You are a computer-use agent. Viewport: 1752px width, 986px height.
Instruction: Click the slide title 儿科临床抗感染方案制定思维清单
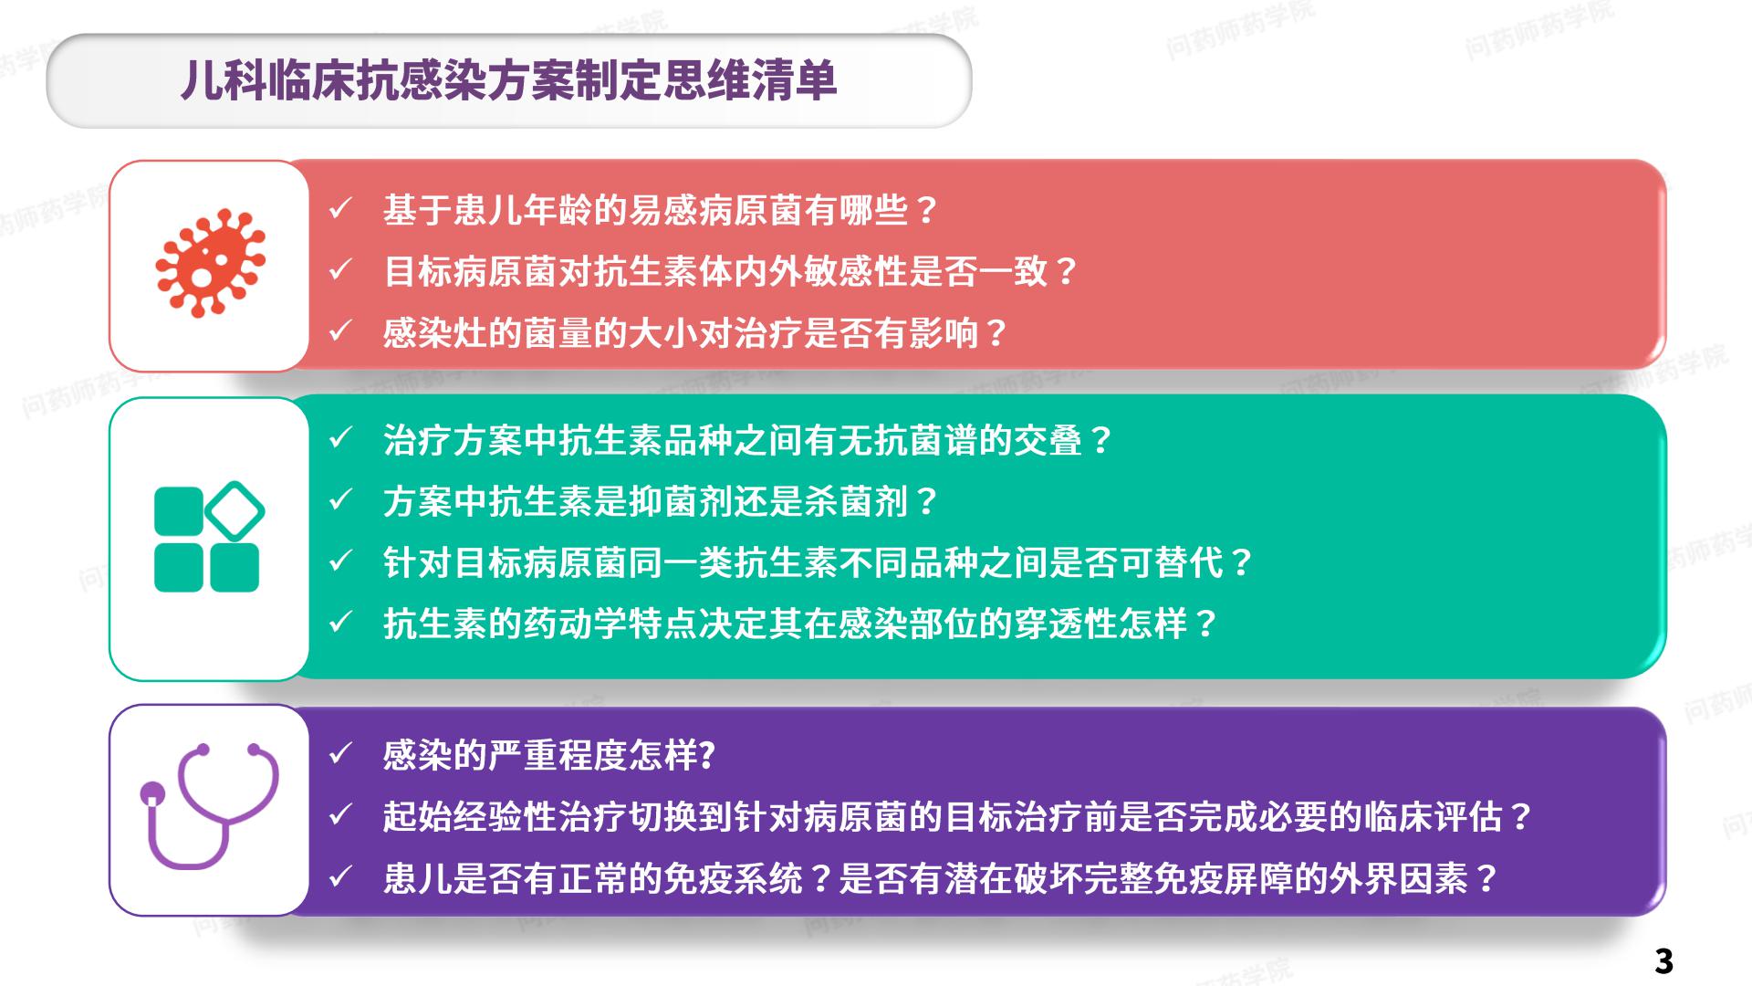point(509,80)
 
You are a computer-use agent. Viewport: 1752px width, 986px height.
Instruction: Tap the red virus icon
point(210,264)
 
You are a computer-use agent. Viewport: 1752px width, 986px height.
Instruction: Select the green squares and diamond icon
point(209,537)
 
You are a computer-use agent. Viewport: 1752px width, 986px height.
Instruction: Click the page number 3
point(1663,961)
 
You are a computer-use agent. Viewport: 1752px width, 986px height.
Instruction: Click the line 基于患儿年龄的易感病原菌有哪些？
point(662,211)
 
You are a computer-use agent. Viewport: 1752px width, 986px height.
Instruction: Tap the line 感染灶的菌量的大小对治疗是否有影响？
point(696,333)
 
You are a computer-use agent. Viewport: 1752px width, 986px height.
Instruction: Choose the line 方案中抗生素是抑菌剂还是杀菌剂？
point(662,502)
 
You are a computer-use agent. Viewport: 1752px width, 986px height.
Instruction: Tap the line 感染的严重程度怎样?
point(549,756)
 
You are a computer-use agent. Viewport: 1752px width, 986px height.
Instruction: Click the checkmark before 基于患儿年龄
point(340,209)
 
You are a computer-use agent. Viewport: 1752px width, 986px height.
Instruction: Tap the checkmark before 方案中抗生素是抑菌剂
point(340,500)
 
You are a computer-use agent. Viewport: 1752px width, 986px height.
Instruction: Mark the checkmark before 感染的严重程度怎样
point(340,754)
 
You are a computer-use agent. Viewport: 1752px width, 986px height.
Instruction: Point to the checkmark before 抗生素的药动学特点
point(340,623)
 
